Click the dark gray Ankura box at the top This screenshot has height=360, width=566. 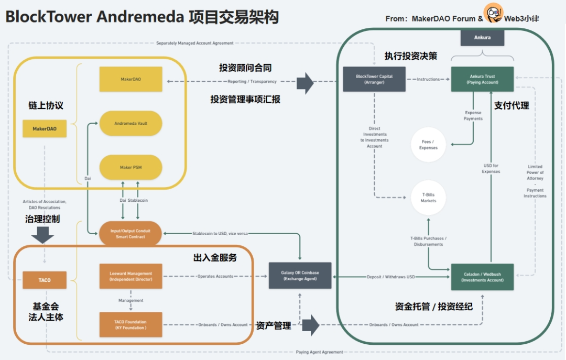(x=482, y=38)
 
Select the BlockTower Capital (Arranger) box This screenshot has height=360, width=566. (x=374, y=79)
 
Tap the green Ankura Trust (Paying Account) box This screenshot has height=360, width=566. (x=482, y=79)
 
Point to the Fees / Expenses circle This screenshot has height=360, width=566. (x=428, y=145)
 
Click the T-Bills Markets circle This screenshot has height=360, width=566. (x=428, y=198)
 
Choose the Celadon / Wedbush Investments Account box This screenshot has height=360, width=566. (x=482, y=277)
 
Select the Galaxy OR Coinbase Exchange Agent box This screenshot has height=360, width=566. (x=300, y=276)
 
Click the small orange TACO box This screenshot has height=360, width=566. (x=45, y=280)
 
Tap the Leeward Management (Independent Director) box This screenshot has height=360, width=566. (x=131, y=276)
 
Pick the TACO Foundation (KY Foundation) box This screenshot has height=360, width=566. (x=131, y=324)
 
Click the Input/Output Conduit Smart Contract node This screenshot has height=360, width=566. (x=131, y=234)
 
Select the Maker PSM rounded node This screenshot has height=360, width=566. (x=131, y=167)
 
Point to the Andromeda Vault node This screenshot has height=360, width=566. (x=131, y=124)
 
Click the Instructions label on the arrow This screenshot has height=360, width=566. (x=428, y=79)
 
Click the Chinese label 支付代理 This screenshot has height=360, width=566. (x=511, y=105)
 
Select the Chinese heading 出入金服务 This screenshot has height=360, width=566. (x=215, y=257)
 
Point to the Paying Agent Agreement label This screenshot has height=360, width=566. (x=319, y=352)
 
